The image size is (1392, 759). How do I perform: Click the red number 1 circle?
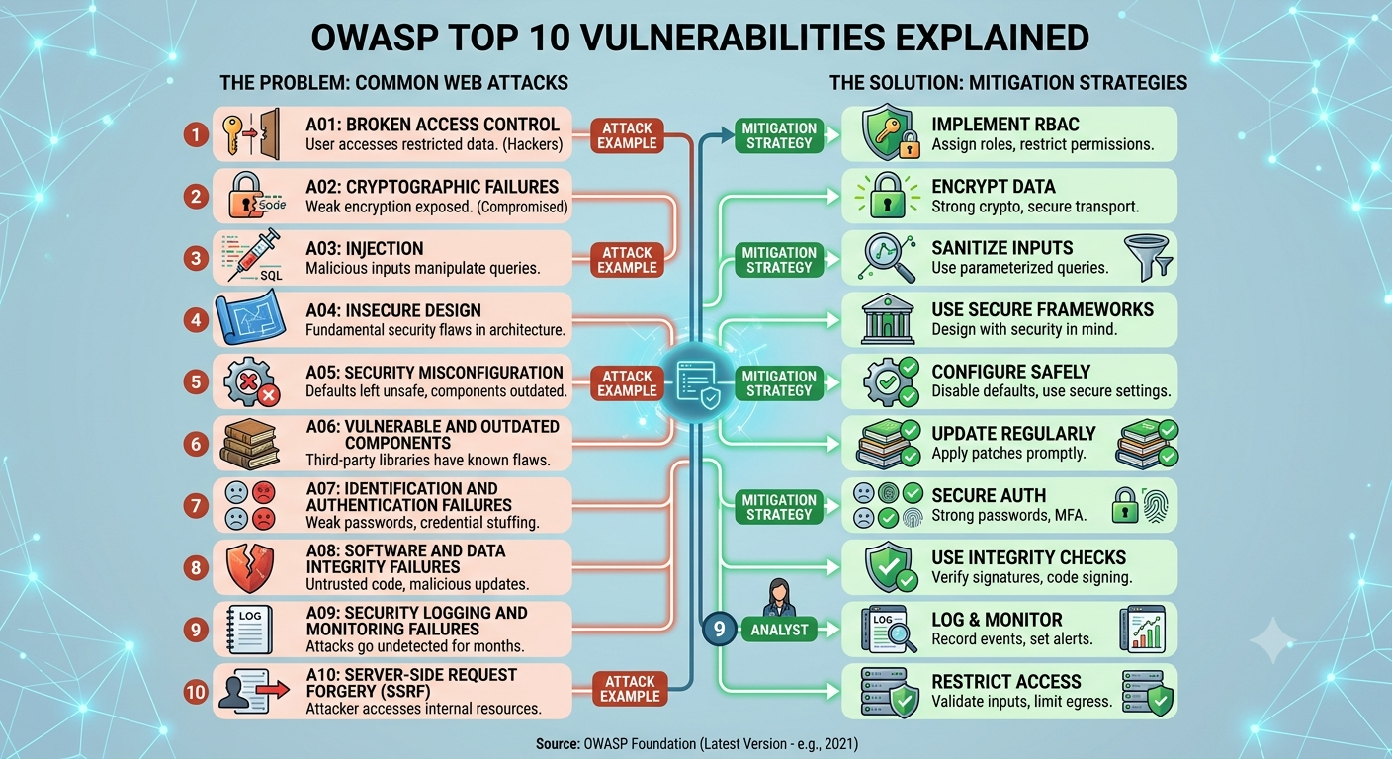[196, 134]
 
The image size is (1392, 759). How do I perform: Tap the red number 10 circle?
[196, 691]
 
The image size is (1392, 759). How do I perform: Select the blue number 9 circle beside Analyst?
[719, 630]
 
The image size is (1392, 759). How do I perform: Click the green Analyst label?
[779, 630]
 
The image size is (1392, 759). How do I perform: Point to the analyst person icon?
[779, 597]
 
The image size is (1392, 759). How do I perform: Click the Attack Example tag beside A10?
[630, 688]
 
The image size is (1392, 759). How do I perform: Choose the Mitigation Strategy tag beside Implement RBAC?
[779, 135]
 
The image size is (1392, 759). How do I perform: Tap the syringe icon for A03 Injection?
[253, 255]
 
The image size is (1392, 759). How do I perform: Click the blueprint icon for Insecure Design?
[250, 318]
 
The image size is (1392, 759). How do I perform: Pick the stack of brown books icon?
[250, 444]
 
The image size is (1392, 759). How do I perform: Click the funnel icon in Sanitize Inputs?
[1148, 257]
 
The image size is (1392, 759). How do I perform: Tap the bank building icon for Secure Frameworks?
[888, 318]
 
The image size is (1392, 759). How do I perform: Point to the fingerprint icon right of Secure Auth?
[1156, 505]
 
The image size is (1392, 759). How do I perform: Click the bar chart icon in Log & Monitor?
[1142, 630]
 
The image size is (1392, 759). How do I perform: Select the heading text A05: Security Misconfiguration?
[434, 372]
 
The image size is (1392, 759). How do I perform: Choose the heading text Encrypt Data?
[993, 187]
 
